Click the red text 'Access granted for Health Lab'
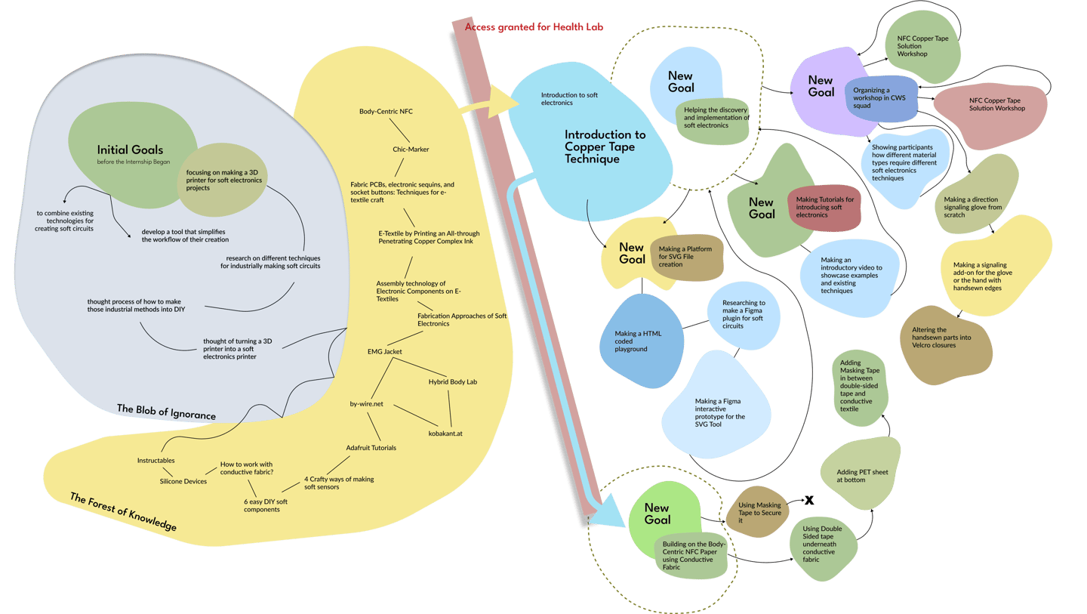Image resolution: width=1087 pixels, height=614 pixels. coord(534,27)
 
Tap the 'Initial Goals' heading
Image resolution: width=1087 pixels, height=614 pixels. coord(130,150)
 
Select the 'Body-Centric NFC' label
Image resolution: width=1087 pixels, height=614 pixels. coord(386,111)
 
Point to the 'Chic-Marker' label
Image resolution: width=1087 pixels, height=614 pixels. coord(411,149)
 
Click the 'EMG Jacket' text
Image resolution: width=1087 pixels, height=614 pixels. coord(384,351)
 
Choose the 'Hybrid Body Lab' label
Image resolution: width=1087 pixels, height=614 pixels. coord(452,382)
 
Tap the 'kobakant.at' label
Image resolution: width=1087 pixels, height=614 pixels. coord(445,434)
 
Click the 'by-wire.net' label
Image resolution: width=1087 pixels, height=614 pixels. coord(366,404)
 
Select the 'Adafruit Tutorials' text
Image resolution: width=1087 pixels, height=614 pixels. coord(371,448)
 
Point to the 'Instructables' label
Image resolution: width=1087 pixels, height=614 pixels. coord(156,460)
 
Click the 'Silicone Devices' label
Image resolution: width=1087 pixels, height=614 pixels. coord(183,481)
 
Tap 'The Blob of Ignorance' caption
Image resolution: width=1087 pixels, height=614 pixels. coord(166,412)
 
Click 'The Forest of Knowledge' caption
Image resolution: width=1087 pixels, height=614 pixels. coord(123,511)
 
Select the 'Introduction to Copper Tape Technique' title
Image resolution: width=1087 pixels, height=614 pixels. coord(605,147)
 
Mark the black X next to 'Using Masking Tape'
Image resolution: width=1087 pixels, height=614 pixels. coord(809,500)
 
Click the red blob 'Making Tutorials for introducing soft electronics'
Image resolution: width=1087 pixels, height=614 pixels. coord(825,207)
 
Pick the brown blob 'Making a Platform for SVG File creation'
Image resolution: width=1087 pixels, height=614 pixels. coord(686,258)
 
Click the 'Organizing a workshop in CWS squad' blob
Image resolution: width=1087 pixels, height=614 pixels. coord(881,98)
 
